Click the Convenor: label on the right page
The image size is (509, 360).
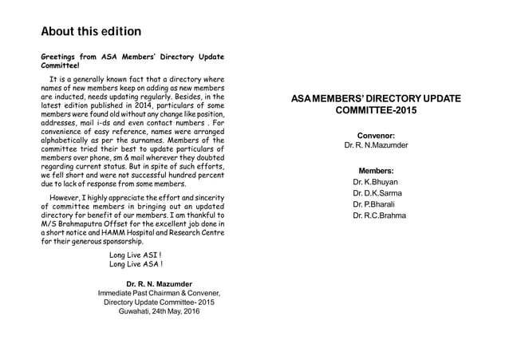(376, 136)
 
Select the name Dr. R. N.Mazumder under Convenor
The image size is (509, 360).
(376, 146)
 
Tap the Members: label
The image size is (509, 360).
(376, 171)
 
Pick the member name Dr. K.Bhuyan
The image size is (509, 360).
(375, 182)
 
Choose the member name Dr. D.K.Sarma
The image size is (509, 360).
(377, 193)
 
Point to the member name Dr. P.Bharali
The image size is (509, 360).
(374, 204)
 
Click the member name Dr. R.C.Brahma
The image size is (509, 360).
(379, 216)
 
